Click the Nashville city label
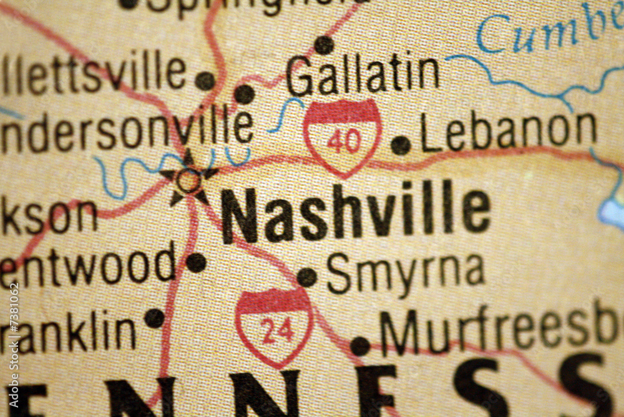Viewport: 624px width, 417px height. [356, 212]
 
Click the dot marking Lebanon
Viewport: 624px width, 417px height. [401, 145]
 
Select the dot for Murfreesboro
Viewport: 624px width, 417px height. [360, 346]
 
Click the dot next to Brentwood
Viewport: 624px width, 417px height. [196, 263]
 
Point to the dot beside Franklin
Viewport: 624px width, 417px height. [155, 318]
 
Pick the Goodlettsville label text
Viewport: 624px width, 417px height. [94, 73]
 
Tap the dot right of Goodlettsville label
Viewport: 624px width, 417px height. [205, 81]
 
